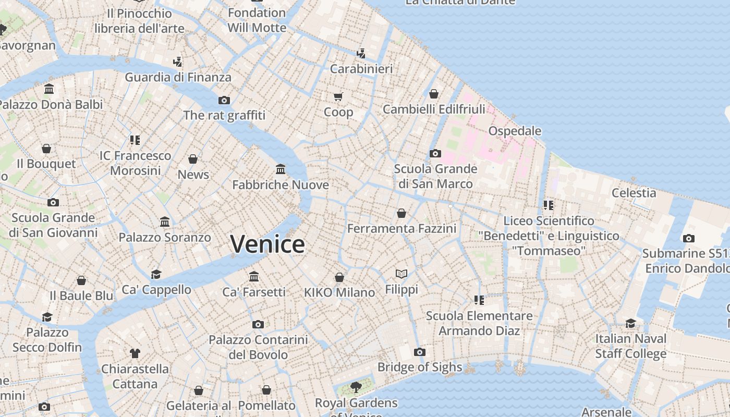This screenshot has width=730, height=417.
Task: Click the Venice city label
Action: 267,244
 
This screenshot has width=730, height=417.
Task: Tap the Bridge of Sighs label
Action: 420,367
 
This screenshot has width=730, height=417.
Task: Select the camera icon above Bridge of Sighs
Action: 420,352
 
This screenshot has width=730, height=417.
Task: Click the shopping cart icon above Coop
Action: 338,96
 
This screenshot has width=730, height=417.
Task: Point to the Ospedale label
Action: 515,131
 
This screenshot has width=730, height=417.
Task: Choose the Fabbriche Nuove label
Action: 281,185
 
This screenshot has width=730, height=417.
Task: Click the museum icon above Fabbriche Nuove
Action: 281,169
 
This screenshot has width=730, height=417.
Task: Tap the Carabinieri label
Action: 361,68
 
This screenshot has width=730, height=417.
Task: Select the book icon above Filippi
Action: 401,274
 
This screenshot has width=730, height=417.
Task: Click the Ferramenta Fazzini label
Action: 401,228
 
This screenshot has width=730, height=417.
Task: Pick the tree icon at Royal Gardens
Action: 356,387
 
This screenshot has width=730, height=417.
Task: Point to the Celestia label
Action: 634,192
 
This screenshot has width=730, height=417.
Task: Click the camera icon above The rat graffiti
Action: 224,100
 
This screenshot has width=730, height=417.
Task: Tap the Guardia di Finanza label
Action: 178,77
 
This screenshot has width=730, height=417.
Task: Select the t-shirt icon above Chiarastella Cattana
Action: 135,353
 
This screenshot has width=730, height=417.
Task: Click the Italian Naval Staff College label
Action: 631,346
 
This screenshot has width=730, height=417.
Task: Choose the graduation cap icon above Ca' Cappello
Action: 156,274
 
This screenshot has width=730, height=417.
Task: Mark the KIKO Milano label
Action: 339,292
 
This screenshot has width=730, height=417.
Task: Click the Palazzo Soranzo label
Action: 165,237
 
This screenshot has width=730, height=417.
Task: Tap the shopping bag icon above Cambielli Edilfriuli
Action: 434,94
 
